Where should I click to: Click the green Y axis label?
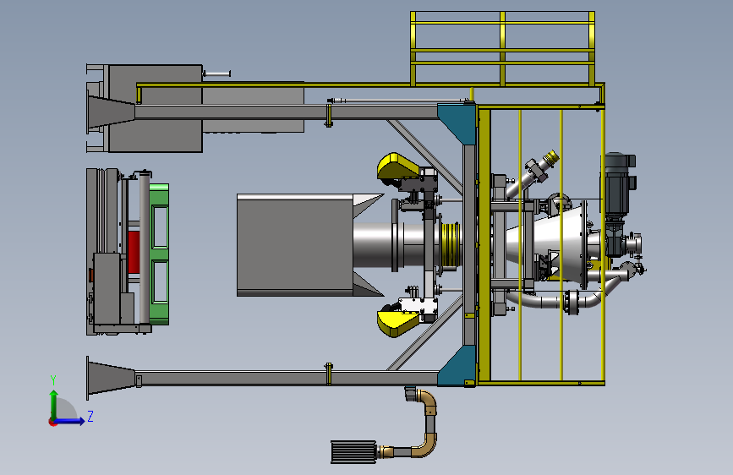pos(53,380)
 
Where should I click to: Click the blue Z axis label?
pos(90,416)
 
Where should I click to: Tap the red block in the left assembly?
pos(134,252)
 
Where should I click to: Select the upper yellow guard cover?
pos(397,167)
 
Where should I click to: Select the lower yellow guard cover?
pos(397,323)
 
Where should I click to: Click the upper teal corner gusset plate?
pos(458,123)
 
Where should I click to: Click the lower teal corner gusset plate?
pos(458,367)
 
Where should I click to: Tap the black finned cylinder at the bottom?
pos(353,451)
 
